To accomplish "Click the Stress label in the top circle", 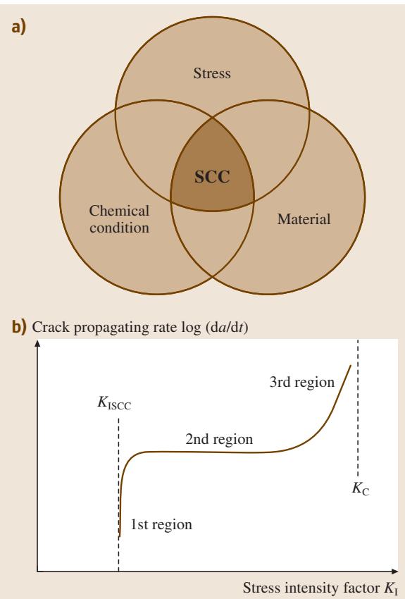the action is click(212, 73).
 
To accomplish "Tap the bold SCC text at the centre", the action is click(212, 176).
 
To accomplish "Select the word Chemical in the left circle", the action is click(119, 211).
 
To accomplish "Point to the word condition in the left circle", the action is click(119, 228).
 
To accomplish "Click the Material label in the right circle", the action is click(304, 219).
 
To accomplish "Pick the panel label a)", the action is click(19, 27).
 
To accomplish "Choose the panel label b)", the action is click(19, 327).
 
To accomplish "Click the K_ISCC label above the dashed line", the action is click(114, 403).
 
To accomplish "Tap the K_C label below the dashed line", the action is click(361, 488).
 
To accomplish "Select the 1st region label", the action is click(161, 524).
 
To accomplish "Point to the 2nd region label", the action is click(219, 439).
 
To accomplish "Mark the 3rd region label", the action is click(302, 382).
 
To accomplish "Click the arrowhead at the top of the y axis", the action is click(37, 343).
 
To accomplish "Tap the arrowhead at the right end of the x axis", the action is click(394, 572).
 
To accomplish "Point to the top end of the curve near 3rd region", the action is click(351, 366).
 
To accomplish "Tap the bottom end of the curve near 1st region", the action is click(120, 536).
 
